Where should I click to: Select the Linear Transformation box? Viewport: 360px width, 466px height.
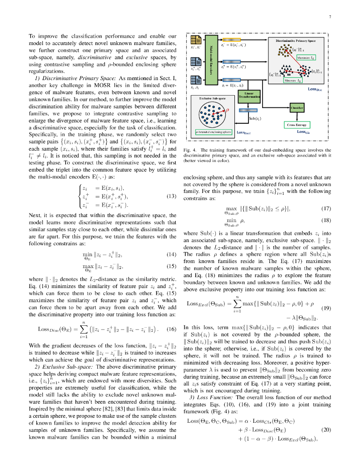point(249,95)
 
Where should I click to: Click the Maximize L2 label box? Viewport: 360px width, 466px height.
point(306,58)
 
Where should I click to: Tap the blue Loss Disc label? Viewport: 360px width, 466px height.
point(315,89)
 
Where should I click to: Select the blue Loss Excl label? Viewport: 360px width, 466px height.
point(244,133)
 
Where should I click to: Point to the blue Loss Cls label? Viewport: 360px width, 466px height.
point(304,132)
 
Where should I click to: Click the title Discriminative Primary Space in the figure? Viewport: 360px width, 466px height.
point(299,41)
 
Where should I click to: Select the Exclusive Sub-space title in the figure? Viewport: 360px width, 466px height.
point(213,98)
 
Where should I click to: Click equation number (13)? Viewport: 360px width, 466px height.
point(172,197)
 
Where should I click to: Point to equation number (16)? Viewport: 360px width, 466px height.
point(172,303)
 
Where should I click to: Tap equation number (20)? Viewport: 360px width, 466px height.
point(326,429)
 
